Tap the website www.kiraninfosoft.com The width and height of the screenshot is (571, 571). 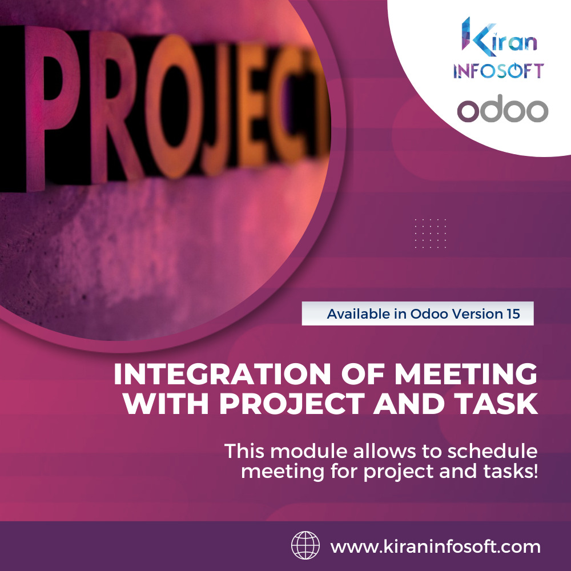(x=435, y=546)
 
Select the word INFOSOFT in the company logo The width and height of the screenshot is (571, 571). (x=498, y=70)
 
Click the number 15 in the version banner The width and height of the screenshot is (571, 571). (x=512, y=313)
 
